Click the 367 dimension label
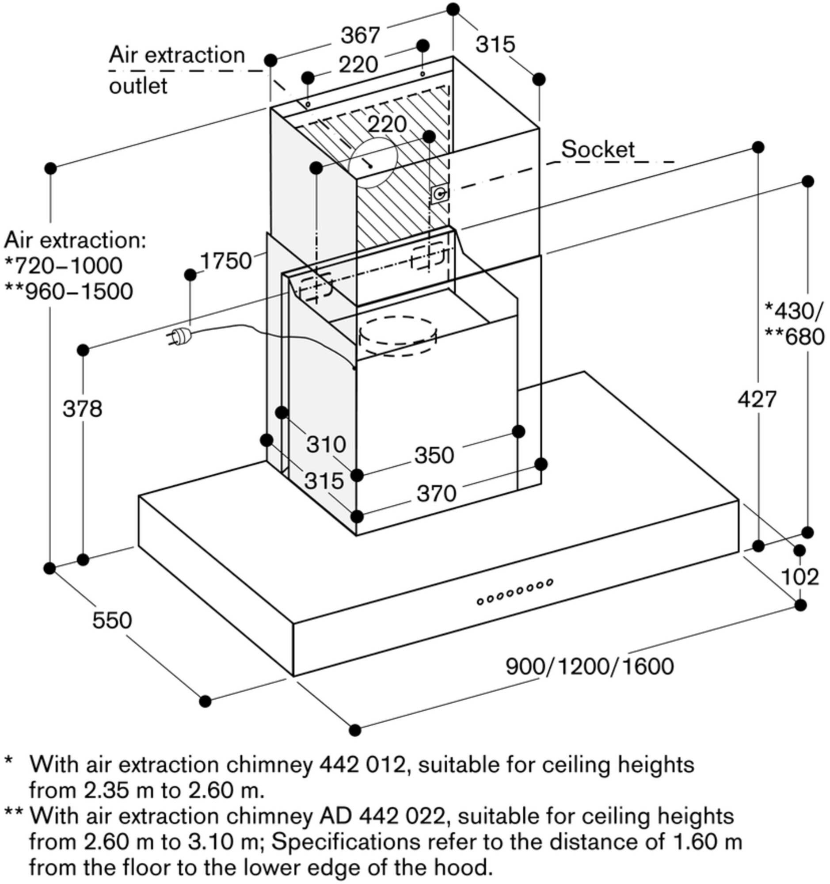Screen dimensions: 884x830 [x=360, y=35]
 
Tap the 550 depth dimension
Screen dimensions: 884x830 [x=112, y=620]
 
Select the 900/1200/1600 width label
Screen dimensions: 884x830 [x=590, y=678]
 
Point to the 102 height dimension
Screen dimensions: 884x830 [x=800, y=577]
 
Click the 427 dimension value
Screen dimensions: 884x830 [x=757, y=399]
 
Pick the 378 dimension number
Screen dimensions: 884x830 [x=82, y=408]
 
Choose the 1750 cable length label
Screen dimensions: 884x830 [x=226, y=261]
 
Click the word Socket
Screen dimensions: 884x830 [x=598, y=149]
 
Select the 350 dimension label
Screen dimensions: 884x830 [x=434, y=455]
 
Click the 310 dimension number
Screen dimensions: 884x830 [x=326, y=444]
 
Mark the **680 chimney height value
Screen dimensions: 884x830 [x=794, y=337]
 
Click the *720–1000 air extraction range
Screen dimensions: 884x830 [x=63, y=266]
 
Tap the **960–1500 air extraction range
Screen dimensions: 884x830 [x=69, y=292]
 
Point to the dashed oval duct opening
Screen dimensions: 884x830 [x=396, y=336]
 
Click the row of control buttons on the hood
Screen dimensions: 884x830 [x=514, y=591]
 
